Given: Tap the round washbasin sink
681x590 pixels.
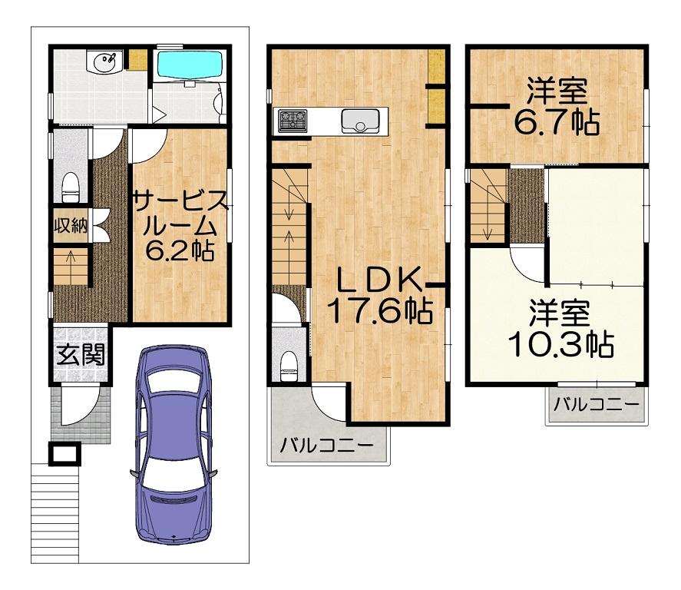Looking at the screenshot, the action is [104, 61].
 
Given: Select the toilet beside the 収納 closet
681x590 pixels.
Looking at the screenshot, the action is [71, 187].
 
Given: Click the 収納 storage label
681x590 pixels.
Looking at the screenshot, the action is [71, 226].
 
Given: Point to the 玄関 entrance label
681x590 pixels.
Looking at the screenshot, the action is [81, 354].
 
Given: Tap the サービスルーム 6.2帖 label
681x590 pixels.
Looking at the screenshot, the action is [179, 226].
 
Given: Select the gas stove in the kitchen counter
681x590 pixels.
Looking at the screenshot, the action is [293, 121].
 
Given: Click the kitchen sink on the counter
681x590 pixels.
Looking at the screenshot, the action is [360, 121].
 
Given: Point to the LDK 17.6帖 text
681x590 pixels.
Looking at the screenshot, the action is [379, 296].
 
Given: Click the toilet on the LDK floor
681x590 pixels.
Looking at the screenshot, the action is [288, 366].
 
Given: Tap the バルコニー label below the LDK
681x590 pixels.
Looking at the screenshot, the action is [326, 446].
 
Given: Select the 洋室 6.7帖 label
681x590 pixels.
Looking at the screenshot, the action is [557, 107].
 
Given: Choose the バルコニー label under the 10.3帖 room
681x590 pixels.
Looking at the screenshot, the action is [597, 405].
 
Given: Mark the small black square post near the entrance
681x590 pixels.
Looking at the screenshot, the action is [64, 454].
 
